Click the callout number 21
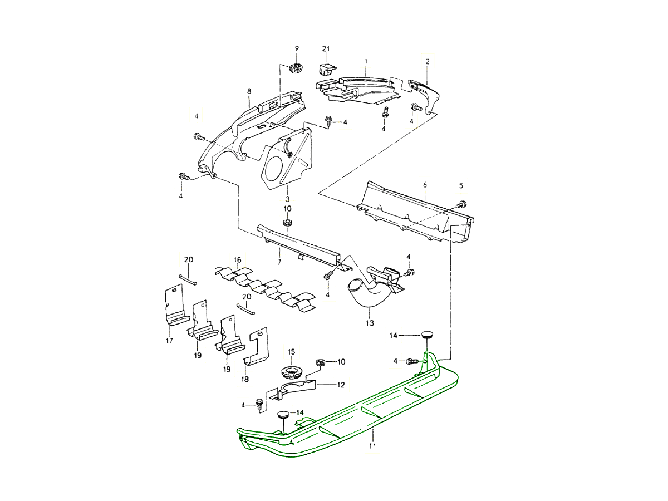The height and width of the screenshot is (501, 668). [326, 49]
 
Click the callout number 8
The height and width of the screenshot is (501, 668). [249, 91]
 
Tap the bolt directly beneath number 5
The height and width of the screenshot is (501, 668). [461, 204]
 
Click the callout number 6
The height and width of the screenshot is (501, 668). [425, 184]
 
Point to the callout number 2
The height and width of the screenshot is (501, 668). [428, 62]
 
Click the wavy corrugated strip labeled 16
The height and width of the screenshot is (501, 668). [264, 287]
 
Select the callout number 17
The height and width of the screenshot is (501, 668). [169, 341]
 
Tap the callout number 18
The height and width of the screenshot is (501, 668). [245, 379]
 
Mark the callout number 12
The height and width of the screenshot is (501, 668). [341, 384]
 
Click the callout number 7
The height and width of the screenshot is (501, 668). [279, 261]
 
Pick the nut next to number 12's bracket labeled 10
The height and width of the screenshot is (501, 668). [321, 362]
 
